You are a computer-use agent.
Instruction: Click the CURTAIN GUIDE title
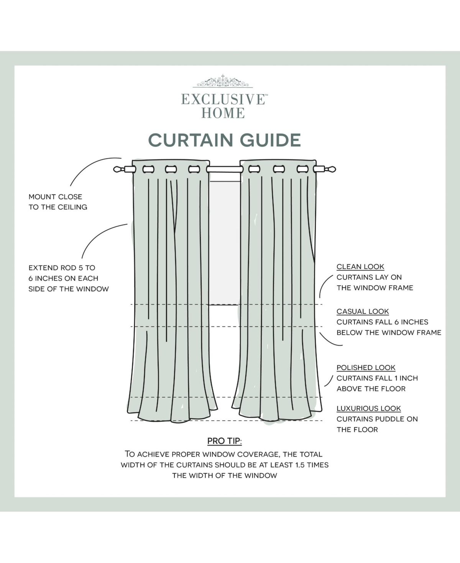click(x=224, y=140)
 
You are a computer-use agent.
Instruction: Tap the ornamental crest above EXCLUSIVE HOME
click(x=222, y=81)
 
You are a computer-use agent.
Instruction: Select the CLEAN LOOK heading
click(x=360, y=267)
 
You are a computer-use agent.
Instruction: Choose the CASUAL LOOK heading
click(x=363, y=312)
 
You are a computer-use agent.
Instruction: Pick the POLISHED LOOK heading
click(x=366, y=368)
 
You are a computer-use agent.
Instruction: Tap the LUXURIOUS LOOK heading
click(x=368, y=409)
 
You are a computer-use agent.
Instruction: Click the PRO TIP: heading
click(x=224, y=441)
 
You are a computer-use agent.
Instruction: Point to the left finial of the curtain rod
click(x=118, y=169)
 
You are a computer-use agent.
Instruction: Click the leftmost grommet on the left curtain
click(x=148, y=169)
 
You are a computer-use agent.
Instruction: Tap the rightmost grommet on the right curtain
click(x=302, y=169)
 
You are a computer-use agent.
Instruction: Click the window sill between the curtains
click(x=224, y=305)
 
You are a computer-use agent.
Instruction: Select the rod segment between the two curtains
click(x=224, y=169)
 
